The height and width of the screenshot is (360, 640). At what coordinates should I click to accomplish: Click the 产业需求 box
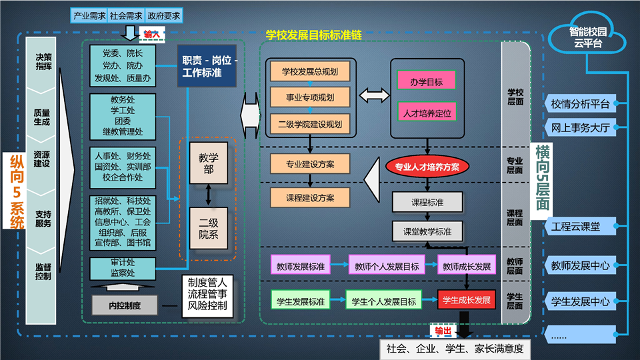(x=89, y=16)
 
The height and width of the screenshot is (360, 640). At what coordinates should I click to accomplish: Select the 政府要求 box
(x=164, y=16)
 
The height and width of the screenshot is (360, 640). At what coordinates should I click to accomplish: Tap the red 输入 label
(x=152, y=35)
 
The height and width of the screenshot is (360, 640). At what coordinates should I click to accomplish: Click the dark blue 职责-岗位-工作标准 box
(x=207, y=66)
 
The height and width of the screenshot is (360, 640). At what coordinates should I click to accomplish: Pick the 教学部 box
(x=209, y=163)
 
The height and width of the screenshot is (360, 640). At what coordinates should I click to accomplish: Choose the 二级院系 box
(x=209, y=229)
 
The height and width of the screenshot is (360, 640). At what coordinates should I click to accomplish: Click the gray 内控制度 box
(x=125, y=305)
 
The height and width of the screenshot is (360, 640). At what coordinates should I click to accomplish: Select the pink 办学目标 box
(x=426, y=81)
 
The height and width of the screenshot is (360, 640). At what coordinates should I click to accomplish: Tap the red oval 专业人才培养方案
(x=427, y=167)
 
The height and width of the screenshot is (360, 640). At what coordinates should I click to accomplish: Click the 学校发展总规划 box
(x=310, y=72)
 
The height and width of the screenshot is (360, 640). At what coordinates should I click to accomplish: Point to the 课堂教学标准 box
(x=427, y=232)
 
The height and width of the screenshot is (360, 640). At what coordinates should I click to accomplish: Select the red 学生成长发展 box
(x=467, y=300)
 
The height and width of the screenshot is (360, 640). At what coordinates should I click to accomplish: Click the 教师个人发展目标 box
(x=387, y=266)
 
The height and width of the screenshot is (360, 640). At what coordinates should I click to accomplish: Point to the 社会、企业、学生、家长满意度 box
(x=455, y=349)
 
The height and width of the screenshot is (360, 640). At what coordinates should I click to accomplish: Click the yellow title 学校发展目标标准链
(x=313, y=35)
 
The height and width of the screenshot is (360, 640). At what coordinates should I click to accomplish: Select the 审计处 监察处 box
(x=123, y=268)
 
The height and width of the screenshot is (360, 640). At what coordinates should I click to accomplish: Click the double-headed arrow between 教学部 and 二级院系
(x=209, y=195)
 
